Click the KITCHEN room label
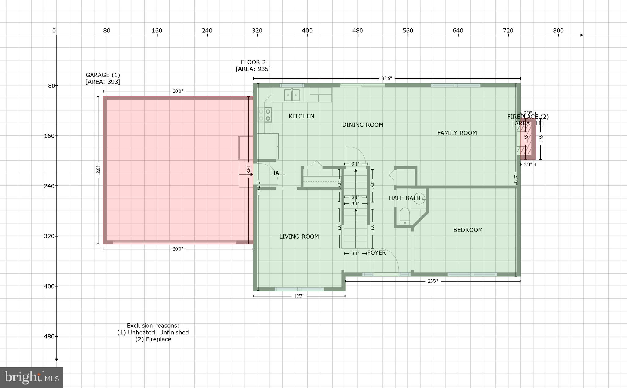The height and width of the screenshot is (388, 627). pyautogui.click(x=301, y=116)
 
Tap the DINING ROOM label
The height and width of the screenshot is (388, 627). pyautogui.click(x=362, y=125)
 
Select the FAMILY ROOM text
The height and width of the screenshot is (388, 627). pyautogui.click(x=457, y=133)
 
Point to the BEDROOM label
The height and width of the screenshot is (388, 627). pyautogui.click(x=468, y=230)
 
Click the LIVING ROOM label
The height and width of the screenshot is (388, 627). pyautogui.click(x=299, y=237)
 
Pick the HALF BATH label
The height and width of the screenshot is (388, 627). pyautogui.click(x=404, y=198)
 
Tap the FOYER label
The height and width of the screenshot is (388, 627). pyautogui.click(x=376, y=253)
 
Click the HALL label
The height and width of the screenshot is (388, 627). pyautogui.click(x=278, y=173)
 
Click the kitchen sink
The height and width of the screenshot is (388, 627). pyautogui.click(x=292, y=95)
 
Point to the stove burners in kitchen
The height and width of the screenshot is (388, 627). pyautogui.click(x=265, y=115)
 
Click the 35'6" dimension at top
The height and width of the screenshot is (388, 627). pyautogui.click(x=386, y=79)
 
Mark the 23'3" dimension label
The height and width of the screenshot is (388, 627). pyautogui.click(x=433, y=281)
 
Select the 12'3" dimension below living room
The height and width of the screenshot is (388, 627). pyautogui.click(x=299, y=296)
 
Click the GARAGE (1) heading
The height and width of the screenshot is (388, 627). pyautogui.click(x=103, y=75)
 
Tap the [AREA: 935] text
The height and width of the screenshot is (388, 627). pyautogui.click(x=253, y=69)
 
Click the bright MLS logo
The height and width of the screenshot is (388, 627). pyautogui.click(x=32, y=377)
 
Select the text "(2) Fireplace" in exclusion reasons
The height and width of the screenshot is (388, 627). pyautogui.click(x=153, y=339)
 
